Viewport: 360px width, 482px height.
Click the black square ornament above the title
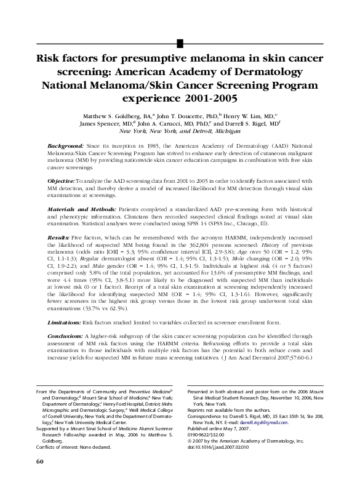[x=180, y=42]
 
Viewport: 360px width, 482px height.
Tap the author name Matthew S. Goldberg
[x=130, y=115]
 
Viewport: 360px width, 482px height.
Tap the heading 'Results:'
[x=59, y=237]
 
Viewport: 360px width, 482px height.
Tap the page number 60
[x=40, y=462]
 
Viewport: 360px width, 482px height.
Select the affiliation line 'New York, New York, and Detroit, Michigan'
[x=180, y=131]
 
